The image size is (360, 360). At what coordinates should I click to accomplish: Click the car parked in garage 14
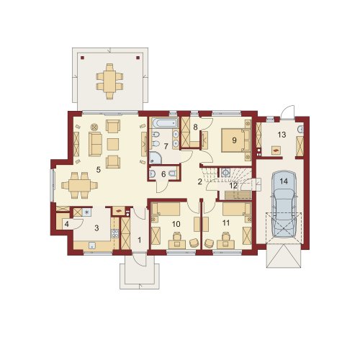[284, 204]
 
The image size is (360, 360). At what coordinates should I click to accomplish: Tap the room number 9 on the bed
[234, 140]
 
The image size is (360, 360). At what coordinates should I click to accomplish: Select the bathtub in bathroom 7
[165, 123]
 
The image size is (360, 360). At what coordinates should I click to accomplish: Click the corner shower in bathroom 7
[156, 158]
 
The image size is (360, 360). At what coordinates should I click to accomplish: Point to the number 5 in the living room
[98, 170]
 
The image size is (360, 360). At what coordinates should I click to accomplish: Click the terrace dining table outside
[109, 81]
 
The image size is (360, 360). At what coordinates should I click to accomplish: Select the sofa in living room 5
[95, 144]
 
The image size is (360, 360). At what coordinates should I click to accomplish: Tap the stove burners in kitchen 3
[114, 233]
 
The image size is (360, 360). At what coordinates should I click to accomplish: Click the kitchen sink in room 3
[91, 245]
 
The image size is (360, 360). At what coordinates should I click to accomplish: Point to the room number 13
[282, 135]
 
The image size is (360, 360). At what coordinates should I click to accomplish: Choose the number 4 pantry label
[67, 224]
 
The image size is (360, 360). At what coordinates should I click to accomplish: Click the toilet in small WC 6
[172, 173]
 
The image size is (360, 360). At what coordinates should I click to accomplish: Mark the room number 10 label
[176, 224]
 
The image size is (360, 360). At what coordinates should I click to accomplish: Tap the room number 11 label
[226, 223]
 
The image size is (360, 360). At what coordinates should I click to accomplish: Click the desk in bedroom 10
[177, 245]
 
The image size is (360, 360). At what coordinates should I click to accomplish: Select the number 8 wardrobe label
[195, 127]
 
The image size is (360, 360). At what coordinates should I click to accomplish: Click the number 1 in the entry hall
[140, 240]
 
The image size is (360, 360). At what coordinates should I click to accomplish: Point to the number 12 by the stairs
[233, 185]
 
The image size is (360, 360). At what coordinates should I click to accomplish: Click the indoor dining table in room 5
[79, 185]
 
